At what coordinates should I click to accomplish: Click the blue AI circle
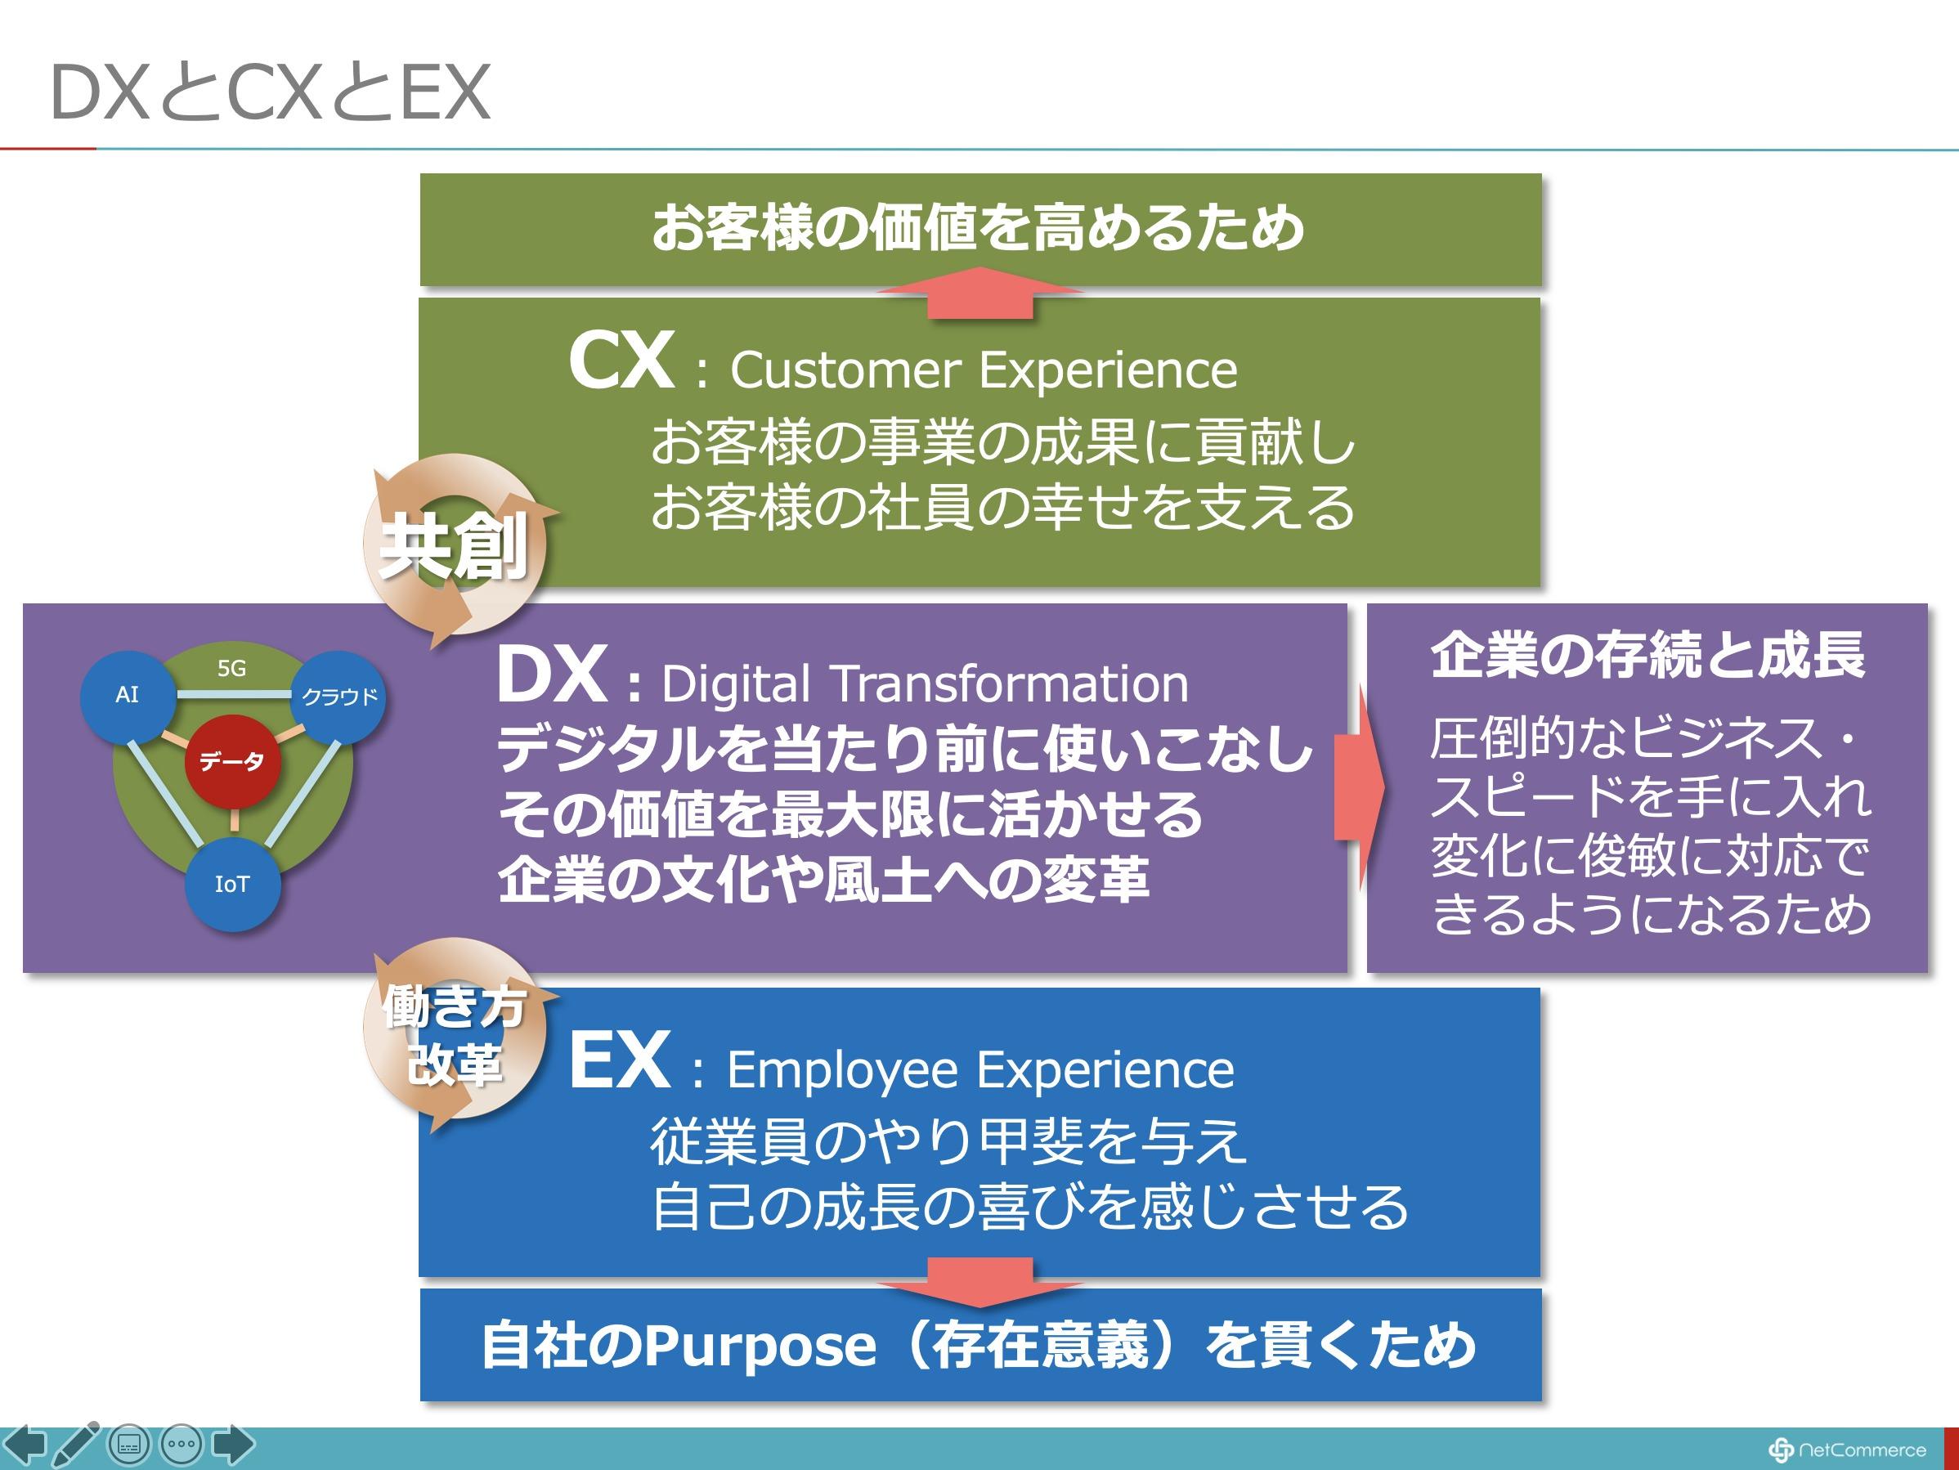127,695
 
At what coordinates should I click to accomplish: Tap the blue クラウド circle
339,697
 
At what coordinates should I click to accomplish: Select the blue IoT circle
232,884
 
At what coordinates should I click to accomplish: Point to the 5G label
232,669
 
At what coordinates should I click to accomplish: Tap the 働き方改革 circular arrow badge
454,1034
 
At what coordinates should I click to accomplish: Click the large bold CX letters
621,361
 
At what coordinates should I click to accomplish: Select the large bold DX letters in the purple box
551,674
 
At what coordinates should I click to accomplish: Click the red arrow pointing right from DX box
1359,787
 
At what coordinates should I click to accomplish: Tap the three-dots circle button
181,1445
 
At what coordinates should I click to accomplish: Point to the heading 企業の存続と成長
1647,656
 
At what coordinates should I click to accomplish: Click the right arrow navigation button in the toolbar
233,1445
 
